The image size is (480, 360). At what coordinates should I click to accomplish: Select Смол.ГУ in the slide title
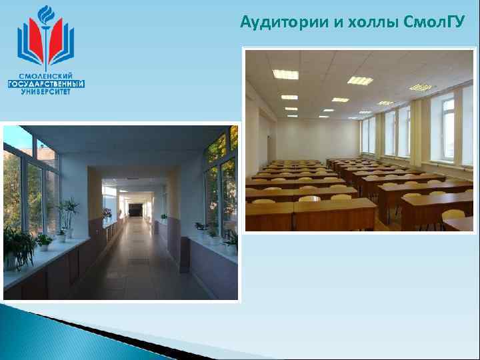pos(434,23)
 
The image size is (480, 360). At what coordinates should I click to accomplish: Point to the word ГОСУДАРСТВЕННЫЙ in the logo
pos(46,84)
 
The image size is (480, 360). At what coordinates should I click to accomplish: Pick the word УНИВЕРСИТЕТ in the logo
pos(46,92)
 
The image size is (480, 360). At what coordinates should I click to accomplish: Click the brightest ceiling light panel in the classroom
pos(285,75)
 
